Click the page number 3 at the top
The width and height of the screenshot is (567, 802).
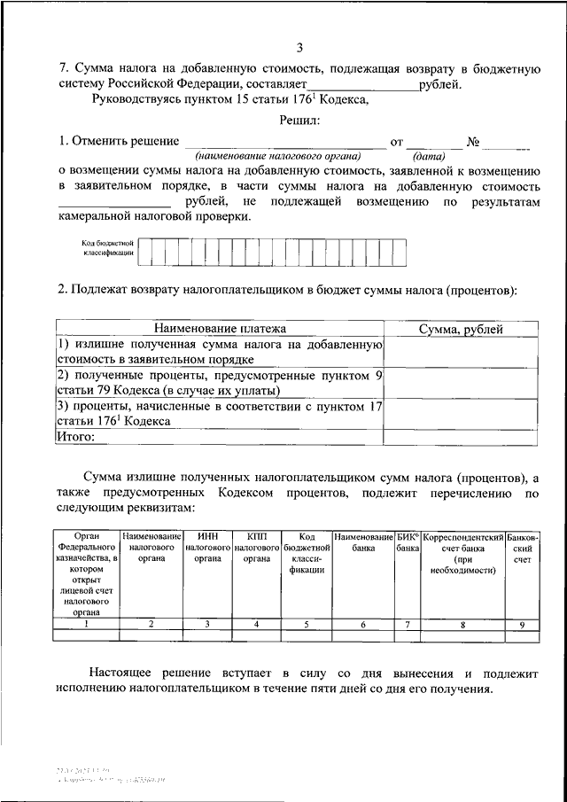(299, 47)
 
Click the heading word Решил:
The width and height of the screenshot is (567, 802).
(299, 120)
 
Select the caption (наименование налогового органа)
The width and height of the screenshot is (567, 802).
(279, 153)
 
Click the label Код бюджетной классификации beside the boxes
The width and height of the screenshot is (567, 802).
(106, 247)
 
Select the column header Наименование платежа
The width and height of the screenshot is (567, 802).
(219, 329)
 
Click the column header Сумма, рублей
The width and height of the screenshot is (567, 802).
(461, 329)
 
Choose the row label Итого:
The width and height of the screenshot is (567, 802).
(75, 436)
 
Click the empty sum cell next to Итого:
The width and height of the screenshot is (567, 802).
(461, 436)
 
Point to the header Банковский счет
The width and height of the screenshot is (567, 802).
(522, 549)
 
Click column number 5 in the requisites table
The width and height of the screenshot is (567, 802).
(307, 624)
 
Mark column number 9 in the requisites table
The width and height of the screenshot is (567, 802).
(522, 624)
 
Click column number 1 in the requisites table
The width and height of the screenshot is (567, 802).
(86, 624)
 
